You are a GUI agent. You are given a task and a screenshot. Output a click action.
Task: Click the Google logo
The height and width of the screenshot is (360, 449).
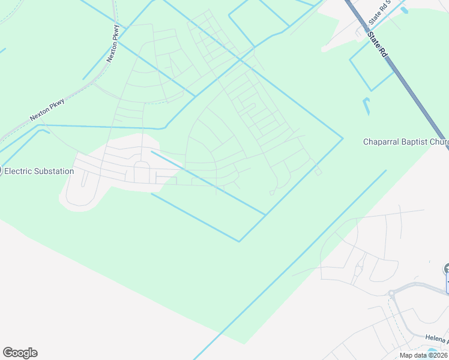point(20,353)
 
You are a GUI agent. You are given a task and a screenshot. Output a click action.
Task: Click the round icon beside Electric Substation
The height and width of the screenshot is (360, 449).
point(1,171)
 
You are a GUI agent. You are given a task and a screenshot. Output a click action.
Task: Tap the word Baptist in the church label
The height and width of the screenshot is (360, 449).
point(417,142)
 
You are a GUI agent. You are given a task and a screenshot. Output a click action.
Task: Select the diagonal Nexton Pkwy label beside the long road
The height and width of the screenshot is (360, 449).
point(47,109)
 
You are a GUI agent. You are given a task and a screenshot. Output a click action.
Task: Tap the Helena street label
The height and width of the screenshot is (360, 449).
point(436,340)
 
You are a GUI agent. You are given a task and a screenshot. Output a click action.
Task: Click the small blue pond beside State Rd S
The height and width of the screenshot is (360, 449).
point(403,10)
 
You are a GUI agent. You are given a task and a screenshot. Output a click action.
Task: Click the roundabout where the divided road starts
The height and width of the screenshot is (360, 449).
point(392,294)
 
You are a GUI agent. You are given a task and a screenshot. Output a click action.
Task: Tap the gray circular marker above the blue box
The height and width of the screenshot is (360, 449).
point(446,269)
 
